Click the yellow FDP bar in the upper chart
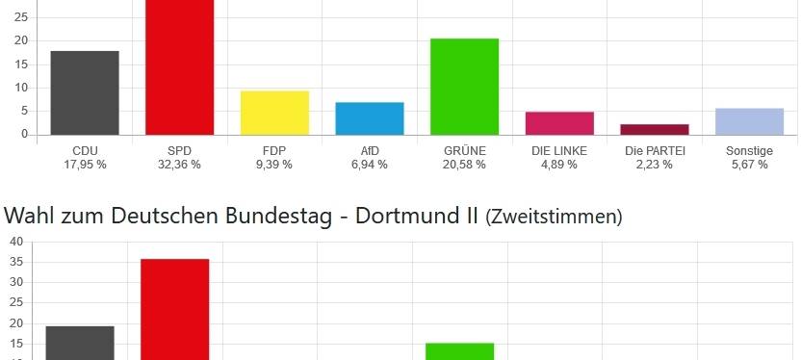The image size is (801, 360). click(x=274, y=113)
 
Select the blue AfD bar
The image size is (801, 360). click(x=370, y=118)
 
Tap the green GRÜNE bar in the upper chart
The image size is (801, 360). click(x=464, y=87)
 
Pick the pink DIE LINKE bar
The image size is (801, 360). click(x=559, y=123)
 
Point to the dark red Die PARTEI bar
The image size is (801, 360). click(x=655, y=129)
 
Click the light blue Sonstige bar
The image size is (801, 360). click(x=749, y=121)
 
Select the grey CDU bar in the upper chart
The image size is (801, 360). click(x=85, y=92)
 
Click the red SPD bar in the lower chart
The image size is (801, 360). click(x=174, y=308)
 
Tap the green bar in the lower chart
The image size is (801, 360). click(x=460, y=350)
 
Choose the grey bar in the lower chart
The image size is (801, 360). click(x=80, y=343)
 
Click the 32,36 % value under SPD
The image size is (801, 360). click(x=180, y=165)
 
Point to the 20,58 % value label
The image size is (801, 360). click(x=465, y=165)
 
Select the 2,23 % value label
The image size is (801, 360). click(x=655, y=165)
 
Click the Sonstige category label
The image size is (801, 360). click(x=749, y=151)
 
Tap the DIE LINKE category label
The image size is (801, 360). click(x=559, y=151)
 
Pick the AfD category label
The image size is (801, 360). click(x=370, y=151)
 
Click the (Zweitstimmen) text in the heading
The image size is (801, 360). click(x=553, y=218)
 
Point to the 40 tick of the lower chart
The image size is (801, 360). click(x=16, y=242)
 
